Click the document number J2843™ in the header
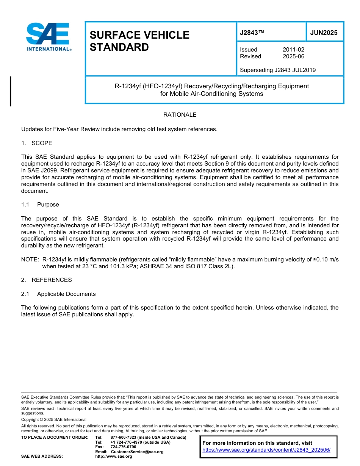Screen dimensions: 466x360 [252, 33]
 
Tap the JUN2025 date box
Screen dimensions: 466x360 [324, 33]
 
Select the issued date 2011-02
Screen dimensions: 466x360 [293, 50]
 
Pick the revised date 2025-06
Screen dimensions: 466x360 [293, 56]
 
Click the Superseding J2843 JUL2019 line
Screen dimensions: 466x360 [278, 70]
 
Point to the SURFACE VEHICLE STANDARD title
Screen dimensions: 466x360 [139, 41]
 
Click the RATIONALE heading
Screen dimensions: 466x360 [180, 115]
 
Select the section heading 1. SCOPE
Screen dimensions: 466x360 [37, 143]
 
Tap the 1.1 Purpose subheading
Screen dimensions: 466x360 [40, 205]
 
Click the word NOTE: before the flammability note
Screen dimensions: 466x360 [30, 260]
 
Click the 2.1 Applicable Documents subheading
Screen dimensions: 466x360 [58, 294]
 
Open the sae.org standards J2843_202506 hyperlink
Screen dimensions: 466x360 [266, 450]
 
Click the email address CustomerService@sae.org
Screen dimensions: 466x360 [137, 452]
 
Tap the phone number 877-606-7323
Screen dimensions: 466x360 [124, 437]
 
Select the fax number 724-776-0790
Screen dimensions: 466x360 [123, 447]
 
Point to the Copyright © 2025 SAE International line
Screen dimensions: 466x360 [54, 419]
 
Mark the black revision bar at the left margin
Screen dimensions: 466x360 [10, 91]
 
